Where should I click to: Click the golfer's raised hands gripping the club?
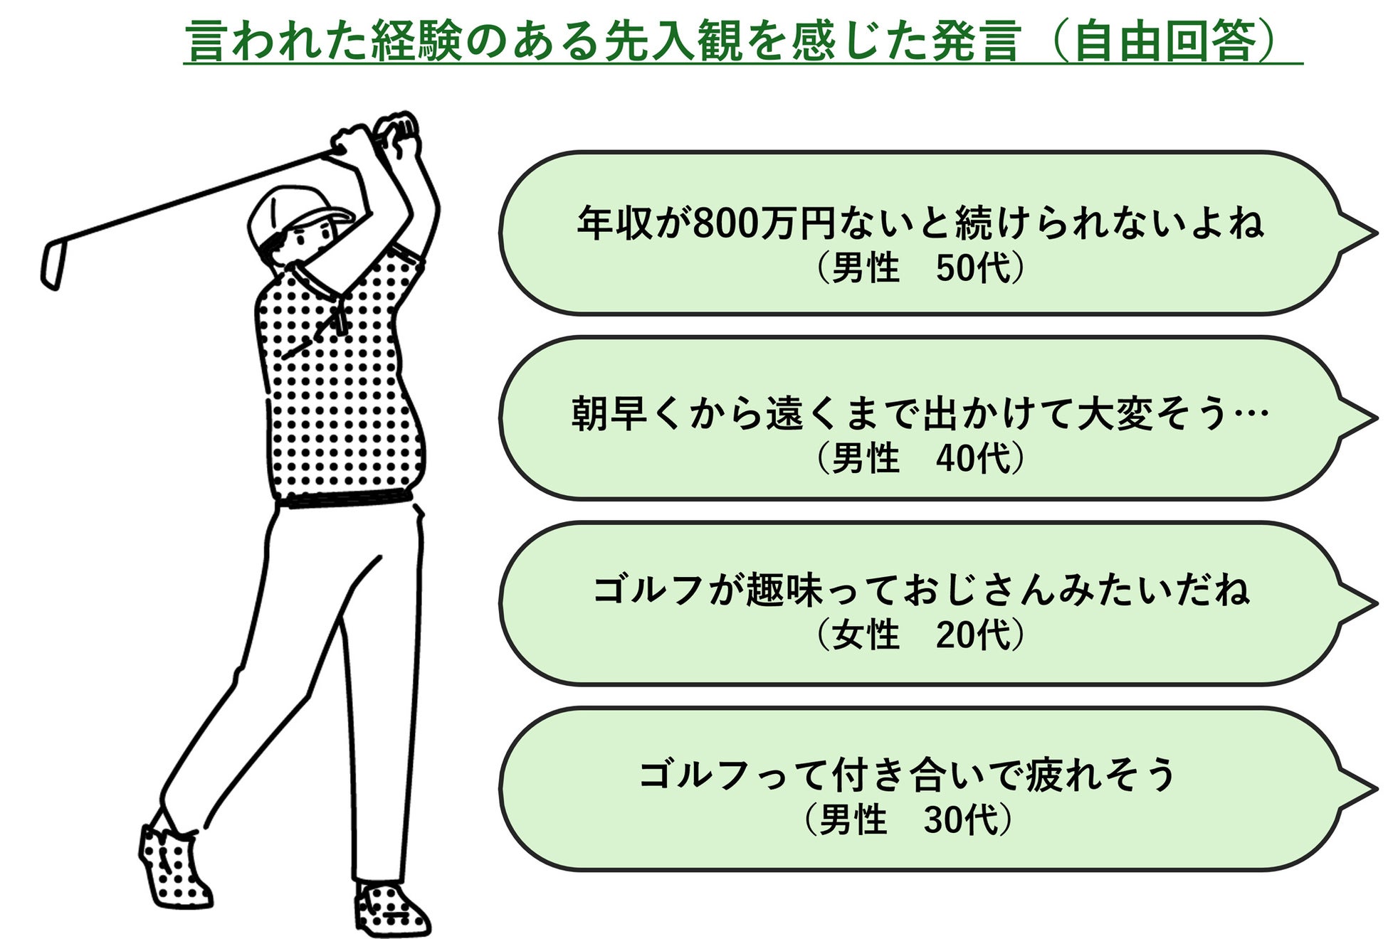click(377, 135)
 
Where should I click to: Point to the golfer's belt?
click(345, 499)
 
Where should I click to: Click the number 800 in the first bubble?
click(722, 223)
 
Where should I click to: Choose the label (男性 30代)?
click(908, 819)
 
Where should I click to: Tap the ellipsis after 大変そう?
click(1250, 414)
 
